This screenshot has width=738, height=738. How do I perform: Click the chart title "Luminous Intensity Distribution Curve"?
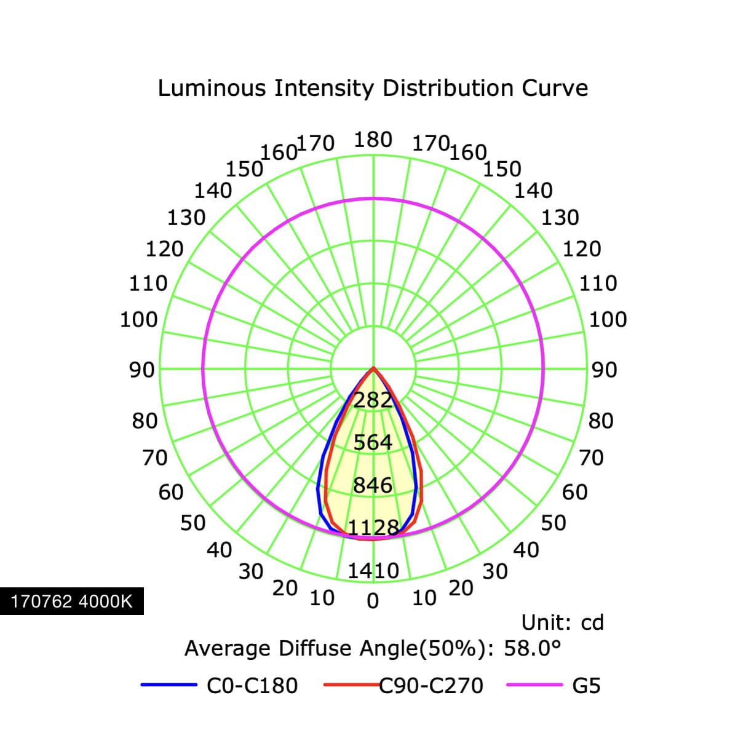click(373, 89)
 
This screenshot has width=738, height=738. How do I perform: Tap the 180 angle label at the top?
click(373, 140)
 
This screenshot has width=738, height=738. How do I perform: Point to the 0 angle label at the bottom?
click(373, 601)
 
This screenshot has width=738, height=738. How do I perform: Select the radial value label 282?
click(373, 400)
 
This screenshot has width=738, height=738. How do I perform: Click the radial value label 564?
click(373, 442)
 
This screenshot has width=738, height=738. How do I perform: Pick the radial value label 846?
click(373, 485)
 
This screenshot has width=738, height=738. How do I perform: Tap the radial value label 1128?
click(373, 528)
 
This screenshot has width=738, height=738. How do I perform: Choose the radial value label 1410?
click(373, 571)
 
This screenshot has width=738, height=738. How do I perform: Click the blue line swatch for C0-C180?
click(169, 684)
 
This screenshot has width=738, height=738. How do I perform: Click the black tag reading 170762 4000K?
click(71, 601)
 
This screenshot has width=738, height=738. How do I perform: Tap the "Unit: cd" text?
click(562, 622)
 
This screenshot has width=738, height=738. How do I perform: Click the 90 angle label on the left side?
click(141, 370)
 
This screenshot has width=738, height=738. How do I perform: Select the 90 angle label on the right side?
click(605, 370)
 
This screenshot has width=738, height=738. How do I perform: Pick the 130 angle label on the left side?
click(186, 218)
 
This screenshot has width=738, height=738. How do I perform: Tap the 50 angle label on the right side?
click(553, 523)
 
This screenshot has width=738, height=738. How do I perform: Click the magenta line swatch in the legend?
click(534, 684)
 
